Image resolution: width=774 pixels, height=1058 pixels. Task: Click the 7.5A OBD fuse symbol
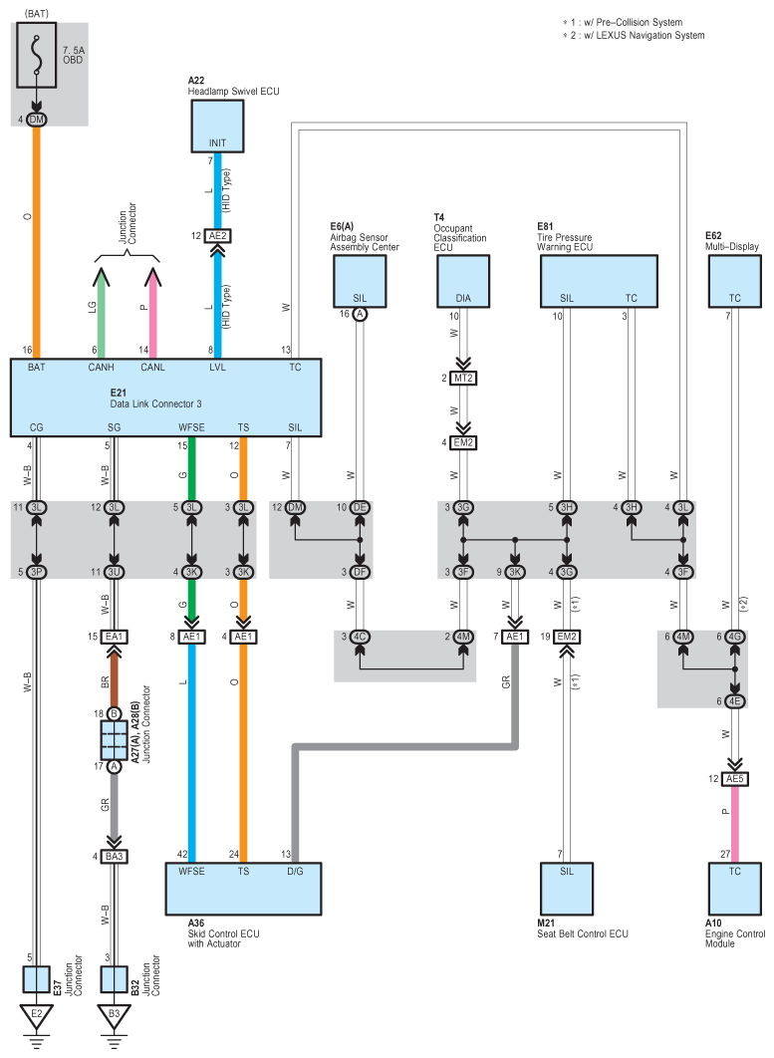pyautogui.click(x=36, y=56)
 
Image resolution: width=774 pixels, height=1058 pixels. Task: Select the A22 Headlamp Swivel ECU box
pyautogui.click(x=217, y=127)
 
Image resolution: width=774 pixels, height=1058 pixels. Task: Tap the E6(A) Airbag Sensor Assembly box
pyautogui.click(x=360, y=281)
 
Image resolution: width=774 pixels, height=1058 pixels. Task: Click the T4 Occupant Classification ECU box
pyautogui.click(x=463, y=281)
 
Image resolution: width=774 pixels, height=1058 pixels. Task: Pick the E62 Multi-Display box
pyautogui.click(x=735, y=281)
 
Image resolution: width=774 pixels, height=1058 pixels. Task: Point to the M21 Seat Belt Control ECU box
pyautogui.click(x=567, y=889)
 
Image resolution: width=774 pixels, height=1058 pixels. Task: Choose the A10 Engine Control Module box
pyautogui.click(x=735, y=889)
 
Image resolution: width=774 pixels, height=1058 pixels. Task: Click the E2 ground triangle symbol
pyautogui.click(x=37, y=1016)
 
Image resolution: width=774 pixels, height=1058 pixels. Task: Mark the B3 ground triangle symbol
pyautogui.click(x=114, y=1016)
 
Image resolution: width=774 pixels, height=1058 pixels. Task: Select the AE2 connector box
pyautogui.click(x=217, y=236)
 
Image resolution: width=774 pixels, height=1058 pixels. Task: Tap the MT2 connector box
pyautogui.click(x=463, y=378)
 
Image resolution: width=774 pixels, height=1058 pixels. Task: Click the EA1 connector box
pyautogui.click(x=114, y=637)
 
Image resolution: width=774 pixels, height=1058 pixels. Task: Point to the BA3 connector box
pyautogui.click(x=114, y=856)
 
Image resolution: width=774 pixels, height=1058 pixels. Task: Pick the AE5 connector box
pyautogui.click(x=735, y=779)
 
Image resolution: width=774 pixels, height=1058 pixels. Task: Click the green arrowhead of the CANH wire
pyautogui.click(x=101, y=276)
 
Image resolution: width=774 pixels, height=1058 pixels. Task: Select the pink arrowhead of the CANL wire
pyautogui.click(x=152, y=276)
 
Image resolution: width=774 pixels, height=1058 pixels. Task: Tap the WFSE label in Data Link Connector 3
pyautogui.click(x=191, y=427)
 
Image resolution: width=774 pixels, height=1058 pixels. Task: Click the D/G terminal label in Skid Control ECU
pyautogui.click(x=295, y=871)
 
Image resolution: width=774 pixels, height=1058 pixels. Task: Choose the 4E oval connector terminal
pyautogui.click(x=735, y=701)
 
